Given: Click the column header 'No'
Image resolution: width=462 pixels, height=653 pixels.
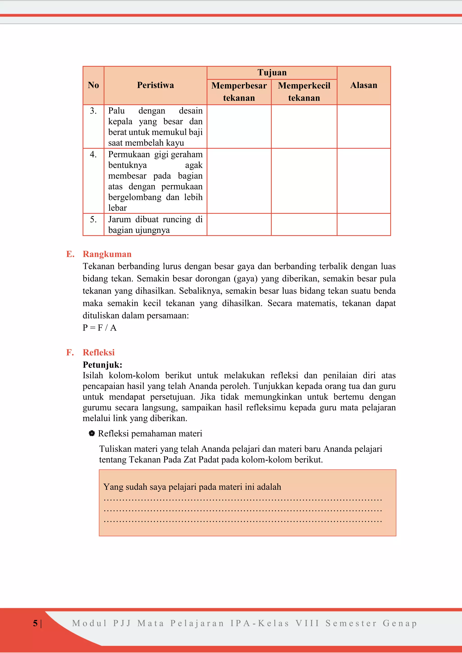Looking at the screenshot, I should pos(93,85).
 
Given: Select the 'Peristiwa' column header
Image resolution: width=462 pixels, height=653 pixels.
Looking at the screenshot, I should pos(155,85).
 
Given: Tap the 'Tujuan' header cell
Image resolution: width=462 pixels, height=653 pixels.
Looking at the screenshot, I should pos(272,73).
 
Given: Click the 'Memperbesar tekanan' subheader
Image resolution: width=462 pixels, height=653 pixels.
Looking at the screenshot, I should pos(239,92).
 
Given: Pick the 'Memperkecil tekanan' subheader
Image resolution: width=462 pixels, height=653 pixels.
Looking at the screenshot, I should pos(304,92).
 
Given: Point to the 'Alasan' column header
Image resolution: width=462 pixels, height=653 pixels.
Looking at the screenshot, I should pos(364,85).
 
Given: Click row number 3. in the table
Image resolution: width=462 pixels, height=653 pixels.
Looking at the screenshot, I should pos(93,111).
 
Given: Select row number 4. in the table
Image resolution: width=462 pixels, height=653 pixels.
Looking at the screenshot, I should pos(93,154).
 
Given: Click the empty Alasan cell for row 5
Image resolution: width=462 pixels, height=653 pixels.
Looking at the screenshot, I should pos(364,224).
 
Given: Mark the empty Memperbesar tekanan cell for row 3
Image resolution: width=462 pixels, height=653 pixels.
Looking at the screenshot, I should pos(239,126).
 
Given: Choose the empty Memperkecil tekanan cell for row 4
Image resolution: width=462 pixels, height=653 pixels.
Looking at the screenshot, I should pos(304,181).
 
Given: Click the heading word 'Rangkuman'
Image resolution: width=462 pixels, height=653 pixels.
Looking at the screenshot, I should pos(107,254).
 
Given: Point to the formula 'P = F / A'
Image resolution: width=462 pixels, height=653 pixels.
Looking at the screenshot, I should pos(99,328).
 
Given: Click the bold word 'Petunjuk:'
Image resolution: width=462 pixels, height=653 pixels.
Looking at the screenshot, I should pos(102,365).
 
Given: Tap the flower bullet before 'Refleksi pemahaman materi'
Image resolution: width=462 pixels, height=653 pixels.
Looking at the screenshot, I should pos(92,433).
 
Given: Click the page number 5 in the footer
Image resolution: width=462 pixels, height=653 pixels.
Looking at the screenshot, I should pos(35,623).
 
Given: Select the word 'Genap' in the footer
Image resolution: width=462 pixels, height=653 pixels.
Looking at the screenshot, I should pos(400,623).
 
